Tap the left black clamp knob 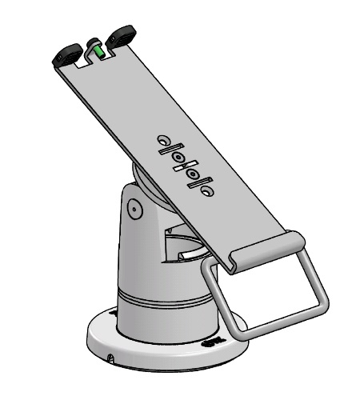(66, 56)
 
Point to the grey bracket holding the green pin (94, 44)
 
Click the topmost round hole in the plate (163, 139)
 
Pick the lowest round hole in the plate (207, 191)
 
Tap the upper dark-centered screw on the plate (178, 157)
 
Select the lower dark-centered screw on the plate (193, 174)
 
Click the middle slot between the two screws (185, 165)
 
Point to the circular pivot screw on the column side (134, 210)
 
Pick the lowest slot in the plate (200, 182)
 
